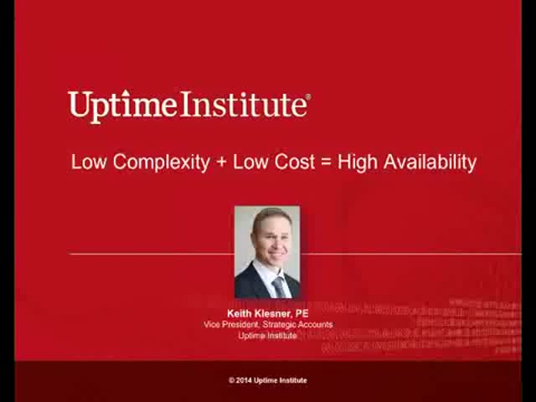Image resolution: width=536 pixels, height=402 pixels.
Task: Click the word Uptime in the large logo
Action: (122, 106)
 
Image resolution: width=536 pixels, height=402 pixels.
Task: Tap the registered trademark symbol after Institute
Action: (309, 97)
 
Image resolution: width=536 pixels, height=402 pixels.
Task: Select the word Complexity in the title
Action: (162, 162)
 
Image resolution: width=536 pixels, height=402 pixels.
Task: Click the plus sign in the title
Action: (221, 162)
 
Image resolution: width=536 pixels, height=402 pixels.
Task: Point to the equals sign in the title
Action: (326, 162)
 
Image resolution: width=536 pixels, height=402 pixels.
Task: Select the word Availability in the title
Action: (430, 162)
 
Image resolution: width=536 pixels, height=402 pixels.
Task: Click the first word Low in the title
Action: (89, 162)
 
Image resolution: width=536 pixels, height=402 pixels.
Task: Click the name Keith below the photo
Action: (240, 313)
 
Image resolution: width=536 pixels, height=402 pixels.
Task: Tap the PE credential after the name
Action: (302, 313)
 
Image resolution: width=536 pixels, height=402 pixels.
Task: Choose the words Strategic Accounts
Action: (297, 325)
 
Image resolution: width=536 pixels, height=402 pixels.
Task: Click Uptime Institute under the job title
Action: (268, 336)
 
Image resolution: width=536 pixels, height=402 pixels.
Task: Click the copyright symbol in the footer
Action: (231, 380)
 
